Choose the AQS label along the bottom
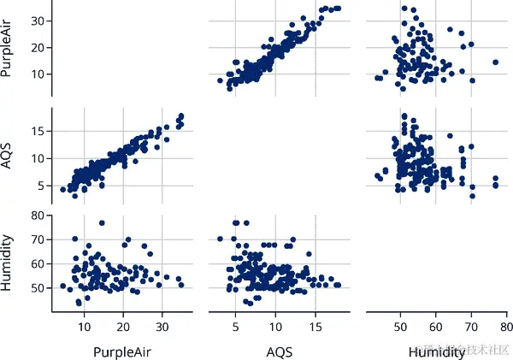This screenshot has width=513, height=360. (x=276, y=351)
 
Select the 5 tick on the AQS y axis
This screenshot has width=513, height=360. (x=40, y=185)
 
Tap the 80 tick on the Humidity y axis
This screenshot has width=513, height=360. (x=36, y=215)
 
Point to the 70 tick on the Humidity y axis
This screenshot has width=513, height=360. (x=36, y=239)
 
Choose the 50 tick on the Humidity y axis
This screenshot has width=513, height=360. (x=36, y=288)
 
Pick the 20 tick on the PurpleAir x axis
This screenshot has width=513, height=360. (x=123, y=326)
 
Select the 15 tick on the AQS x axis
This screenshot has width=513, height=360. (x=315, y=326)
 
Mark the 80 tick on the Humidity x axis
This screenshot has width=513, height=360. (x=505, y=326)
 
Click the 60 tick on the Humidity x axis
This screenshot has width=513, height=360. (x=435, y=326)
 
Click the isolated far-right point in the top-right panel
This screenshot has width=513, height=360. (x=495, y=62)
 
